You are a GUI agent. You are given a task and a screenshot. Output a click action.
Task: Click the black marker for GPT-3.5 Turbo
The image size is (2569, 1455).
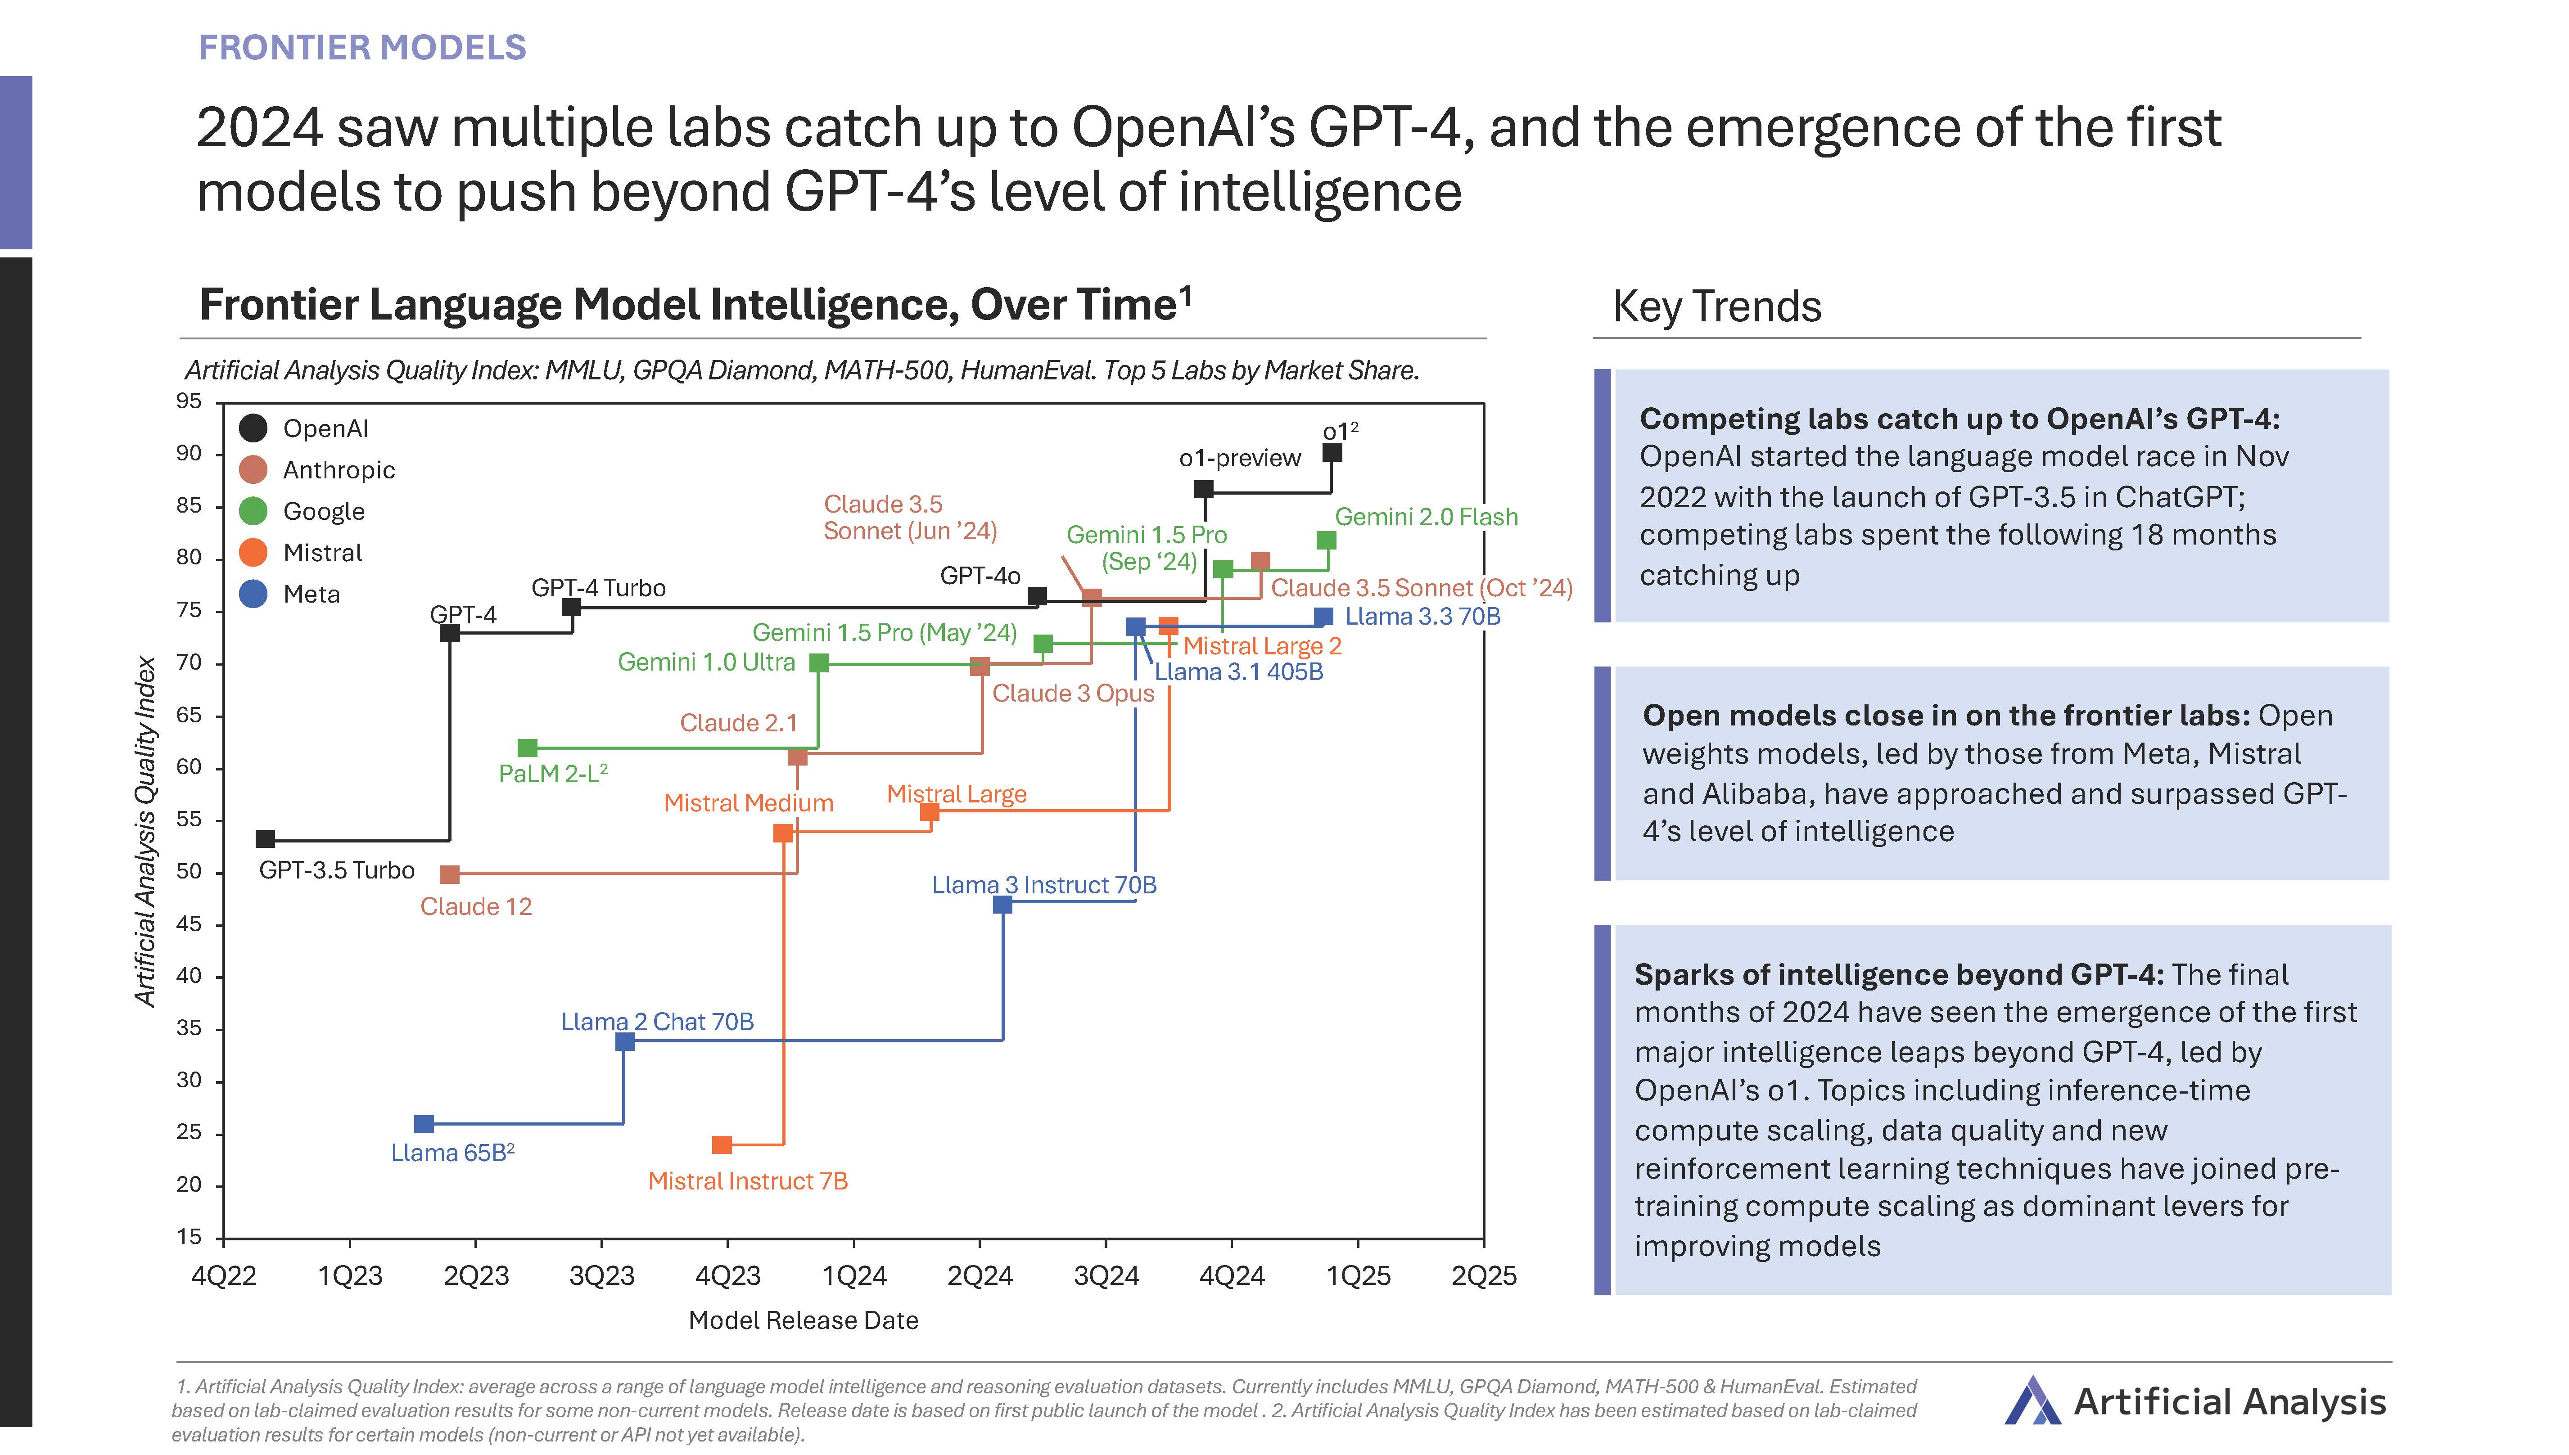tap(265, 839)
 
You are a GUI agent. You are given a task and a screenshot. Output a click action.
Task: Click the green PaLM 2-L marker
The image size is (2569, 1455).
tap(528, 748)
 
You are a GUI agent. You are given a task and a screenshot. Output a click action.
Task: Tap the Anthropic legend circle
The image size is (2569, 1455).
tap(254, 470)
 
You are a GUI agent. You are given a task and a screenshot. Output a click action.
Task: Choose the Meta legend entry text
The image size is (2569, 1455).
tap(312, 595)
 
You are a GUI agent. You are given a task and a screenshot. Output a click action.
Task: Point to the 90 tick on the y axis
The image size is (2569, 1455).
tap(189, 454)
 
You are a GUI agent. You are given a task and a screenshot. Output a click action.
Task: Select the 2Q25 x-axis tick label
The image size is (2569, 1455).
tap(1484, 1276)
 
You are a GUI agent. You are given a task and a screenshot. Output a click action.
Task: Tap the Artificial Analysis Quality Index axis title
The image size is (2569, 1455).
tap(146, 831)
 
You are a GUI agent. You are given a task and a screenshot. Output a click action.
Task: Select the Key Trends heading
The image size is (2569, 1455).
tap(1717, 307)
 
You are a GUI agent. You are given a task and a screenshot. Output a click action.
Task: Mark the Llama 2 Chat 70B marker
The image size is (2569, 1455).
tap(624, 1041)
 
